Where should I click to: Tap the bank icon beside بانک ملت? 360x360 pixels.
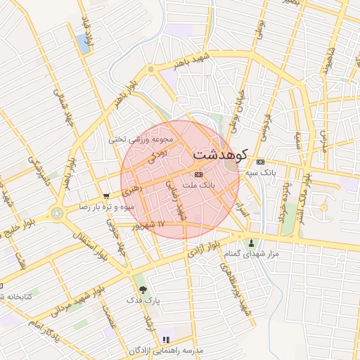[198, 173]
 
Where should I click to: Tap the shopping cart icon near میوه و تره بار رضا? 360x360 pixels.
[105, 196]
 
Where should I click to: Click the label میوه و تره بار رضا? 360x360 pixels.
[105, 207]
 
